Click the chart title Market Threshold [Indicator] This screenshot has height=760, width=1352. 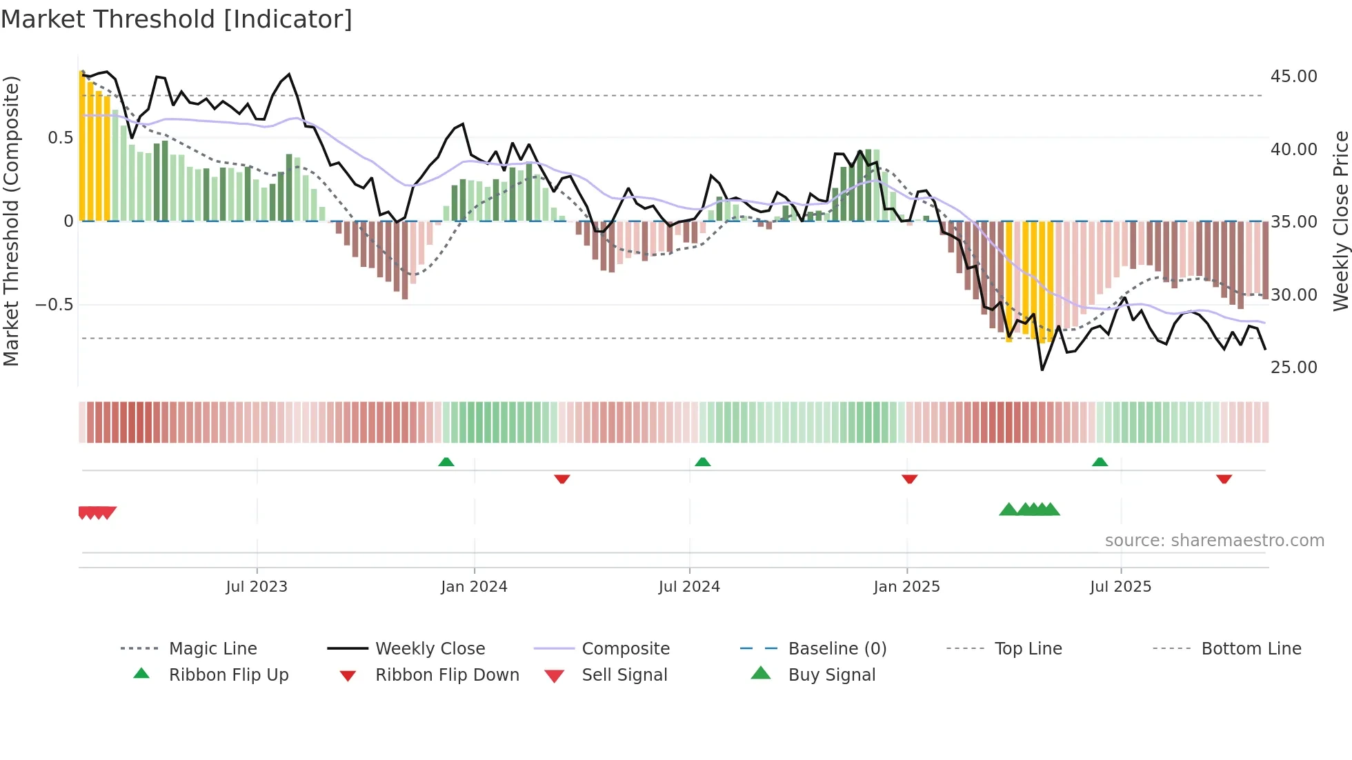pyautogui.click(x=177, y=19)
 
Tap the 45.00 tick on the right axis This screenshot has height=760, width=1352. pyautogui.click(x=1293, y=77)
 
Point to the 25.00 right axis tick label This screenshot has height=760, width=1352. pyautogui.click(x=1293, y=368)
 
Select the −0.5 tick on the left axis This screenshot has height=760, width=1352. pyautogui.click(x=54, y=305)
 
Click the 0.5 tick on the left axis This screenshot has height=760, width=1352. pyautogui.click(x=60, y=138)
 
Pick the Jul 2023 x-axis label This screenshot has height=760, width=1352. pyautogui.click(x=257, y=587)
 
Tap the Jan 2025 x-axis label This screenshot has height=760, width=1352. pyautogui.click(x=906, y=587)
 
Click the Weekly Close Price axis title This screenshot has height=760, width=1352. pyautogui.click(x=1340, y=221)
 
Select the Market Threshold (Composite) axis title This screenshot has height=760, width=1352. pyautogui.click(x=11, y=221)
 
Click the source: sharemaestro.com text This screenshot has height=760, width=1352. pyautogui.click(x=1214, y=541)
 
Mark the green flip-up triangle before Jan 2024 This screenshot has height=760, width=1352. pyautogui.click(x=446, y=462)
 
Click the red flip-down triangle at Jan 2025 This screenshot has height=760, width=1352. pyautogui.click(x=910, y=479)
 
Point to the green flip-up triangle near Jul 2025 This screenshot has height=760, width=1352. pyautogui.click(x=1100, y=462)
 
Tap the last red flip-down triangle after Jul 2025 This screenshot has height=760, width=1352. pyautogui.click(x=1224, y=479)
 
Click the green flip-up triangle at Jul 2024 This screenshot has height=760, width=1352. pyautogui.click(x=702, y=462)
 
